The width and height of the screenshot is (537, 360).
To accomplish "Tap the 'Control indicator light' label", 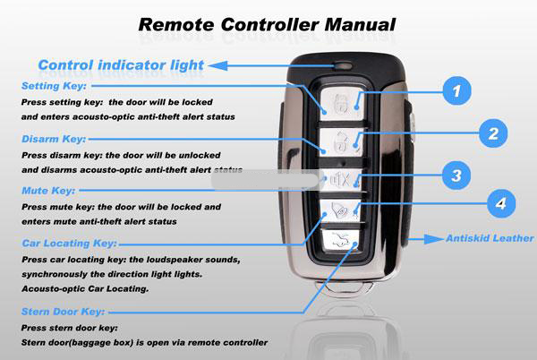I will click(121, 64).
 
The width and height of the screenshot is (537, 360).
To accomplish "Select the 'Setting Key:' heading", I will click(54, 87).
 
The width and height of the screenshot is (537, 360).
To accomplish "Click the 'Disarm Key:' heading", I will click(53, 139).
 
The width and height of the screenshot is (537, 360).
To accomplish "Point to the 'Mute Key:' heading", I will click(48, 191).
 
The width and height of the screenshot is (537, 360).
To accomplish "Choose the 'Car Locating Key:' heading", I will click(68, 243).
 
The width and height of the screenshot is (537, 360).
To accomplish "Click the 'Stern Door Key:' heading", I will click(63, 312).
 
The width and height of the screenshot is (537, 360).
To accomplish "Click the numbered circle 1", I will click(456, 90).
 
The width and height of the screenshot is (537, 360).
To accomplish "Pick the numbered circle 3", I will click(456, 176).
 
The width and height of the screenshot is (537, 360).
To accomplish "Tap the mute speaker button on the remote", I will click(340, 178).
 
